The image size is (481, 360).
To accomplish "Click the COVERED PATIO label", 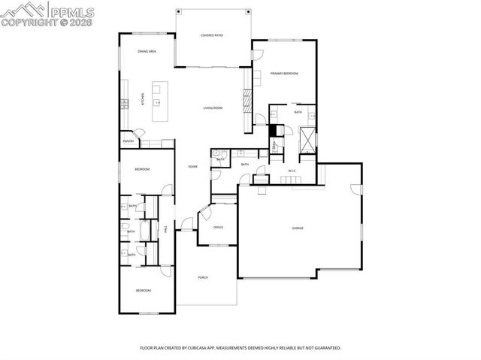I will (x=212, y=35).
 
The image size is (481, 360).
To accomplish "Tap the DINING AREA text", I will (x=147, y=51).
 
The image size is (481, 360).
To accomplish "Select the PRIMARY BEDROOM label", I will (x=285, y=74).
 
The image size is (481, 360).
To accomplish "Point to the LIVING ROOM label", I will (x=213, y=108).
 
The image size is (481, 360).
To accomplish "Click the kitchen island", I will (x=159, y=101).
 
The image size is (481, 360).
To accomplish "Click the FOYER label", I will (x=193, y=166).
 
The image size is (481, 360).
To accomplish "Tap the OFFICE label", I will (x=218, y=227).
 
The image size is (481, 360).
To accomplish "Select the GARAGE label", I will (x=298, y=228).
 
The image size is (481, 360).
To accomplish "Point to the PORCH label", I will (x=203, y=277).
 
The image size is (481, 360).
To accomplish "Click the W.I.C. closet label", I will (x=292, y=171).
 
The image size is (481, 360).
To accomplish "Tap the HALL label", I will (x=165, y=229).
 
